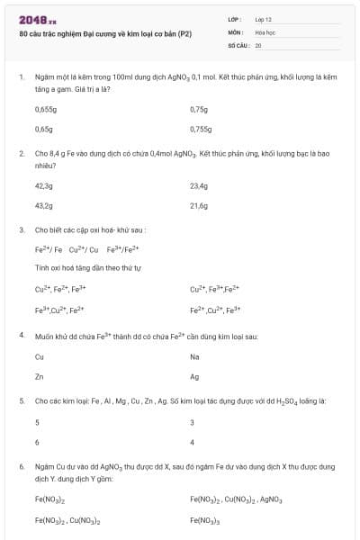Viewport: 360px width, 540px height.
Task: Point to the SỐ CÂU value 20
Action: (x=258, y=44)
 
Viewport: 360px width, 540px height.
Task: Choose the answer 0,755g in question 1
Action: (x=201, y=129)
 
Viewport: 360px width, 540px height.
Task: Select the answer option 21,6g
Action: (x=199, y=205)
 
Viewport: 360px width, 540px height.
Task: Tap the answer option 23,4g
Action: (x=199, y=185)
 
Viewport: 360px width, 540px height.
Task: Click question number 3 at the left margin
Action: (x=22, y=229)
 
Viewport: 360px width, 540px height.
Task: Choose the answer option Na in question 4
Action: (x=194, y=357)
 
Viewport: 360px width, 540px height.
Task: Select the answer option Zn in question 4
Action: (x=39, y=377)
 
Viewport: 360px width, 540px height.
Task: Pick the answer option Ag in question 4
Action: (x=194, y=377)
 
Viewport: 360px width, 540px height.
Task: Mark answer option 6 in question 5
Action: (x=37, y=442)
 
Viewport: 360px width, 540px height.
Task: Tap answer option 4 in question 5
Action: (x=193, y=442)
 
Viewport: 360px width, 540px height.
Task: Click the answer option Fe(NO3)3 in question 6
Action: (x=206, y=519)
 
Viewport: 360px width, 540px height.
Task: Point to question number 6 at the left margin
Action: (x=22, y=467)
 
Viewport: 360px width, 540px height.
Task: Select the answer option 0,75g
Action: (x=199, y=109)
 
